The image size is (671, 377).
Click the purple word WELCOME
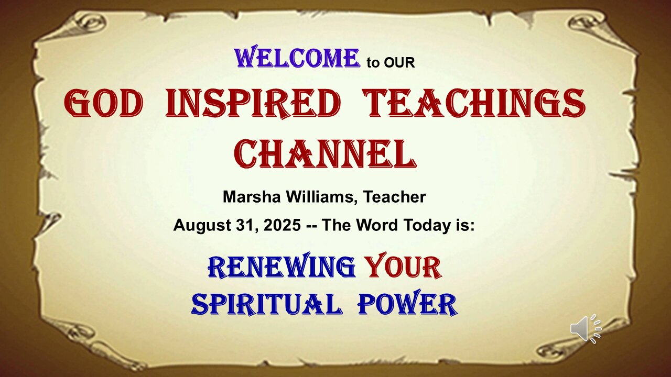(297, 57)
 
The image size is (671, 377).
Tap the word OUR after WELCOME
(399, 63)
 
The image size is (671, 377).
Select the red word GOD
(103, 103)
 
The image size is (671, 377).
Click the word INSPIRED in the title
(253, 104)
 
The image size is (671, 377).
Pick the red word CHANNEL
(326, 154)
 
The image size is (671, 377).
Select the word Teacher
(395, 197)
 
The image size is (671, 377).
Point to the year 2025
(282, 225)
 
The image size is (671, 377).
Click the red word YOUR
(404, 265)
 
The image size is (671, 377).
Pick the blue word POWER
(407, 303)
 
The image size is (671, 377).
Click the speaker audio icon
(586, 329)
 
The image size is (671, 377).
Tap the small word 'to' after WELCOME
(373, 63)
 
